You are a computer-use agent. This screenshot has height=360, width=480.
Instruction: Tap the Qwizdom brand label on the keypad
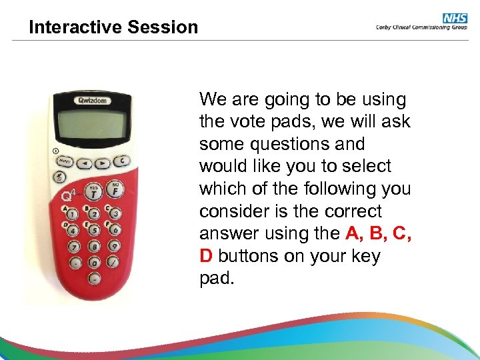click(x=95, y=101)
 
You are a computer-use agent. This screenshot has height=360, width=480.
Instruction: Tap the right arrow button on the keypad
click(x=102, y=162)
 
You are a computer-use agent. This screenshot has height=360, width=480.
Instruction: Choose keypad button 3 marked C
click(x=116, y=213)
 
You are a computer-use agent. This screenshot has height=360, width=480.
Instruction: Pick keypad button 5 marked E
click(x=94, y=231)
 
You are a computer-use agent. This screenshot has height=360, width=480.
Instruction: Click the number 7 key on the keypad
click(x=73, y=247)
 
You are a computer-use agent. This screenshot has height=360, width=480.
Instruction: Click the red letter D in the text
click(x=205, y=257)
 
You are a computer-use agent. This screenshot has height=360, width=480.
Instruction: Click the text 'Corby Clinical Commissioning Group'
click(x=420, y=28)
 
